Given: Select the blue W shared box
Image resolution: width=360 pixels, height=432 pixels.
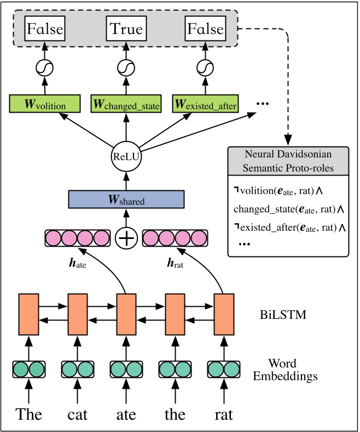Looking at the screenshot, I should click(x=126, y=200).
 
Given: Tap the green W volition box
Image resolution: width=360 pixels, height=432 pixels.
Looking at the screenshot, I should click(x=45, y=103).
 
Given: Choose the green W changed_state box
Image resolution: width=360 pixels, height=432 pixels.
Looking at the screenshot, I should click(x=126, y=103).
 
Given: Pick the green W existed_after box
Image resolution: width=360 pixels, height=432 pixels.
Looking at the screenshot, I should click(x=205, y=103).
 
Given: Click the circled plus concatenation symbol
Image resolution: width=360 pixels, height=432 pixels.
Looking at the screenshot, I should click(x=126, y=238).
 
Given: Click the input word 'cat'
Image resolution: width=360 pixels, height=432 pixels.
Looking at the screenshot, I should click(x=78, y=414).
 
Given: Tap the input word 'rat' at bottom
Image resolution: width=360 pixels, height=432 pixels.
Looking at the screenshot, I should click(x=223, y=414).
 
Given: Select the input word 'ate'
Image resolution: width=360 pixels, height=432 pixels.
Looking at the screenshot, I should click(x=126, y=414).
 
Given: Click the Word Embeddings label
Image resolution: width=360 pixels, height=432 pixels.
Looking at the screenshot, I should click(x=293, y=370).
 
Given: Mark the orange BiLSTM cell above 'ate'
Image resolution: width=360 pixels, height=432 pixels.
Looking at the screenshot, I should click(x=126, y=315).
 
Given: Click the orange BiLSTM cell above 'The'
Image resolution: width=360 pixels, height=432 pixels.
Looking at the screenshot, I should click(x=28, y=315).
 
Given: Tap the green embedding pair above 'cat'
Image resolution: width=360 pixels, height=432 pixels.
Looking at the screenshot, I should click(x=78, y=370).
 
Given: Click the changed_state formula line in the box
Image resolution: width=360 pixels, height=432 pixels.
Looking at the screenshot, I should click(x=288, y=209).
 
